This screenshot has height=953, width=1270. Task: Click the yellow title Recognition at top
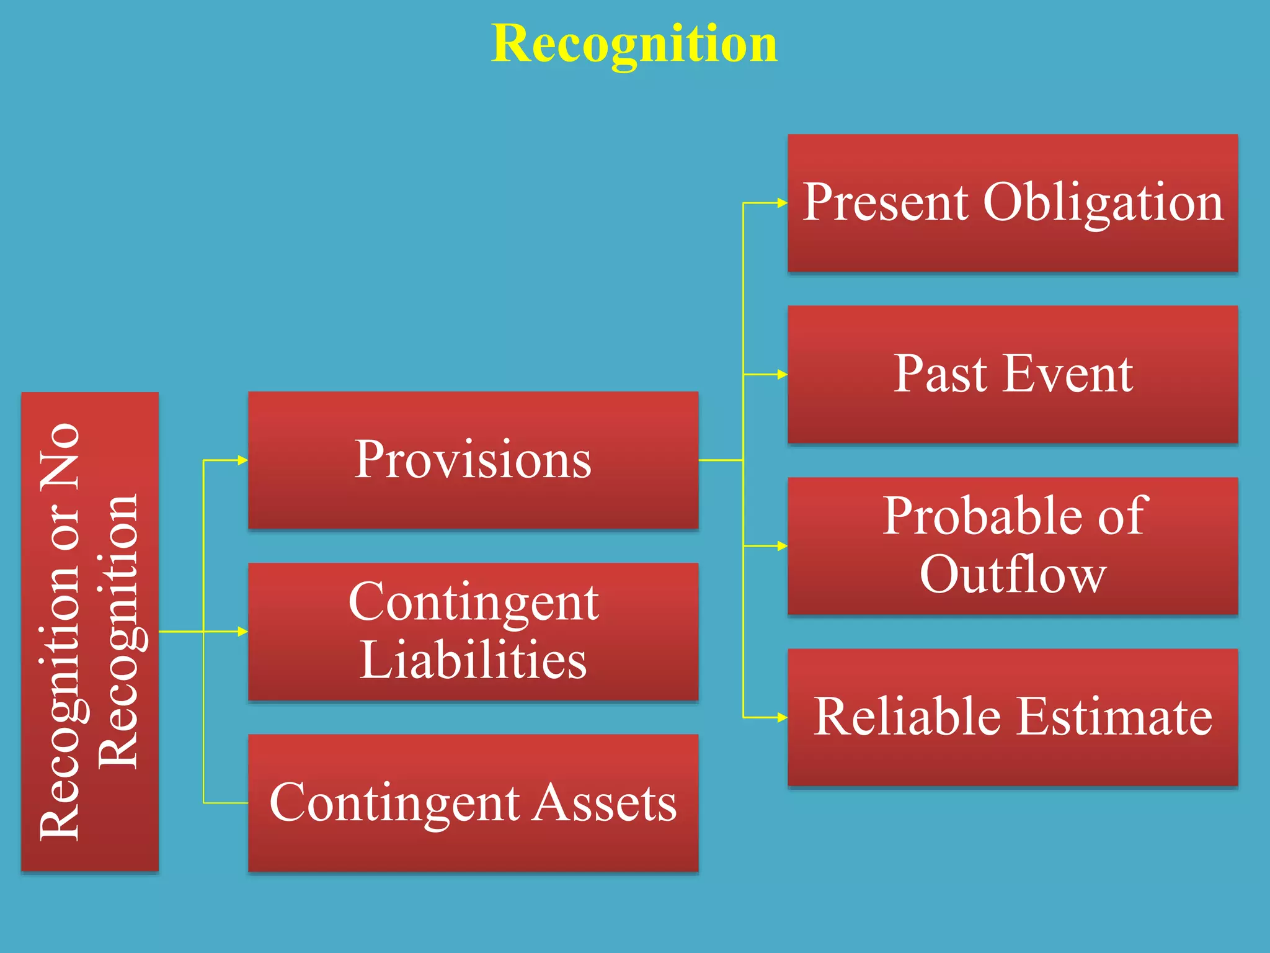click(x=634, y=43)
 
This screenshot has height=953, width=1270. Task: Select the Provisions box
click(x=473, y=460)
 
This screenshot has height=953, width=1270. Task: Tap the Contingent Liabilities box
click(x=473, y=631)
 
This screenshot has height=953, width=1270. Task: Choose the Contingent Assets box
click(x=473, y=803)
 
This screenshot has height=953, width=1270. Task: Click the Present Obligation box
click(x=1013, y=203)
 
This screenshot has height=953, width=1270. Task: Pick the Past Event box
click(x=1013, y=374)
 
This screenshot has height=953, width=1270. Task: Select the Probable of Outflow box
click(x=1013, y=545)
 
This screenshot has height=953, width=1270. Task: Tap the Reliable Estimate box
click(x=1013, y=717)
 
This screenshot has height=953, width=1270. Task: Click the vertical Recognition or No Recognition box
click(x=90, y=631)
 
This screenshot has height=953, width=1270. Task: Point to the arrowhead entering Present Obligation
click(x=783, y=203)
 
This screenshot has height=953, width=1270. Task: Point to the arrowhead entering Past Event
click(x=783, y=374)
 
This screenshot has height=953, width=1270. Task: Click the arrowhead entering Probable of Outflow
click(x=783, y=546)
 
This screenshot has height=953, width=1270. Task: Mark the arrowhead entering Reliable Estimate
click(x=783, y=717)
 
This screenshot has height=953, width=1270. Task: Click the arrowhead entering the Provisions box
click(x=243, y=460)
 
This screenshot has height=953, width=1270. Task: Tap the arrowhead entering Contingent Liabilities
click(x=243, y=631)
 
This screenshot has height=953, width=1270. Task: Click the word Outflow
click(x=1013, y=575)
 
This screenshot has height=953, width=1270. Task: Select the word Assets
click(x=605, y=803)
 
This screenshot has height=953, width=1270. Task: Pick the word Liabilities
click(x=473, y=660)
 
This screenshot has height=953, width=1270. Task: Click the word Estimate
click(x=1114, y=717)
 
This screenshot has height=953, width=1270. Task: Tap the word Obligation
click(x=1103, y=203)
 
